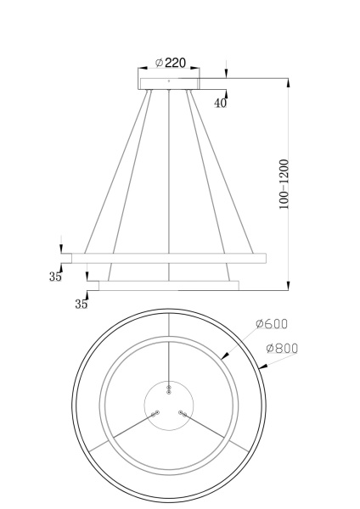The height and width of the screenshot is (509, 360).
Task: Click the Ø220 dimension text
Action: point(171,63)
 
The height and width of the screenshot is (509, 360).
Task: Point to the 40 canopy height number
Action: point(220,103)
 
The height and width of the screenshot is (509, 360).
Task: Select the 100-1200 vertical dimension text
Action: point(284,183)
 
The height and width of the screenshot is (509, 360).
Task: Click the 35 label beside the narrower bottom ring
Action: point(83,303)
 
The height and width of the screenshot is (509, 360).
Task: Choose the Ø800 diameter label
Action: point(281,348)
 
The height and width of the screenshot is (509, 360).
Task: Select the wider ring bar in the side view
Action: point(170,257)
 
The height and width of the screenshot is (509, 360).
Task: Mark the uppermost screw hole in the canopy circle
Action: point(169,389)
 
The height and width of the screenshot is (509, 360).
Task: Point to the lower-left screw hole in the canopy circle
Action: point(155,414)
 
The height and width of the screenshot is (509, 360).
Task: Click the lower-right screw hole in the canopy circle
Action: point(182,413)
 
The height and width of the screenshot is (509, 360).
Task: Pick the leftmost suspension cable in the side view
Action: point(117,170)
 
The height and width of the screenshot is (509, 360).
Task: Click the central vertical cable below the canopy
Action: point(170,170)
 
